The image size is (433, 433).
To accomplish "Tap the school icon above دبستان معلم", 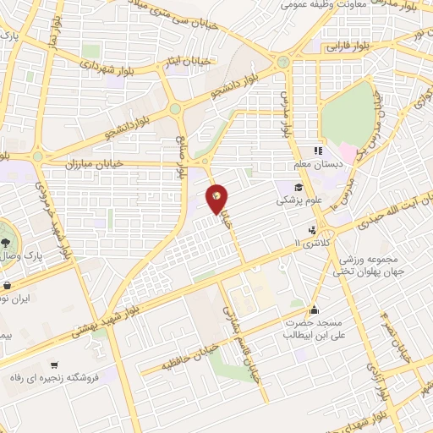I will pos(318,151).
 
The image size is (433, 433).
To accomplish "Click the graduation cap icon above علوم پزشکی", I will pos(299,188).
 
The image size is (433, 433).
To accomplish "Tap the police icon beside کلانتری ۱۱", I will pos(314,229).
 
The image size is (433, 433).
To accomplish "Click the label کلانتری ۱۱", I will pos(308,243).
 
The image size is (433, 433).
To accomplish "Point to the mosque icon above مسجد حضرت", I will pos(315,309).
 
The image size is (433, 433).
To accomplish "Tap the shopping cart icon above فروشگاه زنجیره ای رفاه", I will pos(54,365).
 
